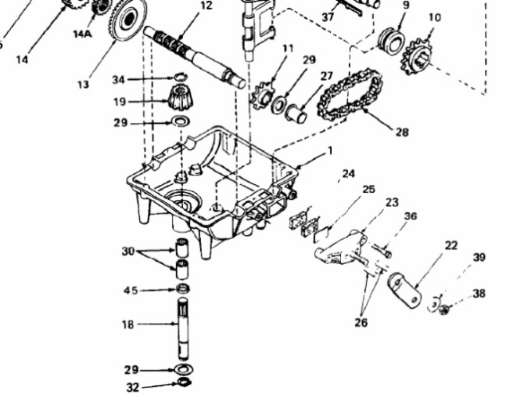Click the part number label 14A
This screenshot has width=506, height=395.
[82, 34]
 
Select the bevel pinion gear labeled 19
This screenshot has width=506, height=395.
[180, 96]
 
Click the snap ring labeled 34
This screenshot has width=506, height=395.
[181, 77]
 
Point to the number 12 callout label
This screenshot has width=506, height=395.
[206, 5]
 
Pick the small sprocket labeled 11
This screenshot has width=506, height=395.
[262, 95]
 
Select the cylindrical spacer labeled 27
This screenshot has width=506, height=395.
[296, 114]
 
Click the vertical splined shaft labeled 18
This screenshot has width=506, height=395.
[183, 328]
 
